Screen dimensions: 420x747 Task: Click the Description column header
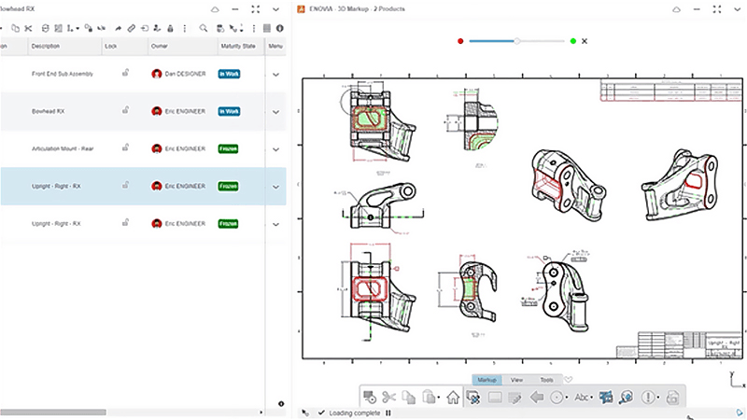pos(45,46)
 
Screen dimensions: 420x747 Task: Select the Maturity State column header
pos(237,46)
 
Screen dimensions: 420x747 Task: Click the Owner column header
pos(160,46)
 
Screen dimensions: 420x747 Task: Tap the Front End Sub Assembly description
pos(60,73)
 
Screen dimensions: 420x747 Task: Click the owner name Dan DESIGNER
pos(183,73)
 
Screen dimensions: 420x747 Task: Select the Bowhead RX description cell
pos(49,111)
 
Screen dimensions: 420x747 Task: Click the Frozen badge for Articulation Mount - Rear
pos(227,148)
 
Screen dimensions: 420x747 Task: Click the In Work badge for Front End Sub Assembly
pos(229,73)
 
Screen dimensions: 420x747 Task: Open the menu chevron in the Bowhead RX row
pos(275,111)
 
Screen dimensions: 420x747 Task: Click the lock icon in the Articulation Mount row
pos(124,147)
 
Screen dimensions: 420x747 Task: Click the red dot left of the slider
pos(460,41)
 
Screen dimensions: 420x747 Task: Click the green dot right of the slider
pos(572,41)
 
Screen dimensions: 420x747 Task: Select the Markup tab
pos(486,380)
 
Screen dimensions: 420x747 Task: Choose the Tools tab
pos(546,380)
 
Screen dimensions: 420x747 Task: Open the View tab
pos(516,380)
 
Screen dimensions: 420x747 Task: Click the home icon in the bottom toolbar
pos(453,398)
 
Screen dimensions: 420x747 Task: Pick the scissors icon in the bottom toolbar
pos(389,398)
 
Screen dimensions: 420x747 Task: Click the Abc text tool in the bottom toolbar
pos(582,398)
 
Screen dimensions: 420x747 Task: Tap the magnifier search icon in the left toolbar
pos(204,28)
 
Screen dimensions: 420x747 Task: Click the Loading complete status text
pos(354,413)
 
